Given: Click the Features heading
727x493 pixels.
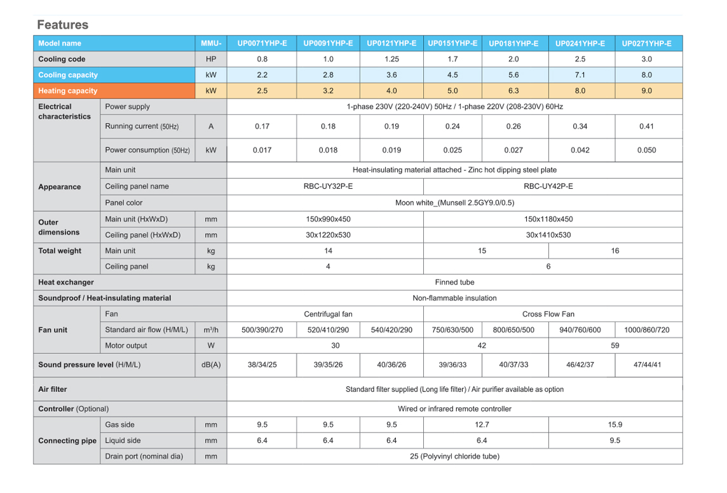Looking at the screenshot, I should click(62, 25).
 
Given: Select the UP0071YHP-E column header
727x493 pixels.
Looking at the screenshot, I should click(262, 43).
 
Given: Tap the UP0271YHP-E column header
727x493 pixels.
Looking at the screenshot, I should click(646, 43).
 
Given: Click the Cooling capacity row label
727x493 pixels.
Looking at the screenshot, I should click(68, 75).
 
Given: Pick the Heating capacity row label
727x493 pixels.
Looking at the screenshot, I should click(68, 91).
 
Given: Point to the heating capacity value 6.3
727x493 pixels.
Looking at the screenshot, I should click(513, 91).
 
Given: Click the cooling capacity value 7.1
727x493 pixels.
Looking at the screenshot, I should click(580, 75).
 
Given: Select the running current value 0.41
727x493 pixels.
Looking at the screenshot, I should click(646, 126).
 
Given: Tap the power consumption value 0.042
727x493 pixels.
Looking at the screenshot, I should click(580, 151).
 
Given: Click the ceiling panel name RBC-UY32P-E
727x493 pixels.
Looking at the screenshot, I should click(328, 187).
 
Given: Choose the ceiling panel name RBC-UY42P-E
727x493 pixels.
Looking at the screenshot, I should click(548, 187).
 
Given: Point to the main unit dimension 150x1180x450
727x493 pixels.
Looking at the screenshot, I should click(548, 219).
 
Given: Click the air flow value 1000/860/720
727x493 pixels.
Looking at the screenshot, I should click(646, 330).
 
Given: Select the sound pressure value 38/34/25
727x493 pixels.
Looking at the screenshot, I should click(262, 365).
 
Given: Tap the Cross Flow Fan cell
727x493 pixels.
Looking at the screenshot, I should click(548, 314).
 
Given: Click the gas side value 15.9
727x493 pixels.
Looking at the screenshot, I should click(615, 425).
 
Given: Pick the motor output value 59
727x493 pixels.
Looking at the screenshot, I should click(615, 346).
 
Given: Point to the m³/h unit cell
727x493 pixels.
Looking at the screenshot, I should click(211, 330).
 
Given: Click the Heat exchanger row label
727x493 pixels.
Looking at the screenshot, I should click(66, 282).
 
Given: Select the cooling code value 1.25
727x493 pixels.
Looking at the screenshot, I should click(391, 59).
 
